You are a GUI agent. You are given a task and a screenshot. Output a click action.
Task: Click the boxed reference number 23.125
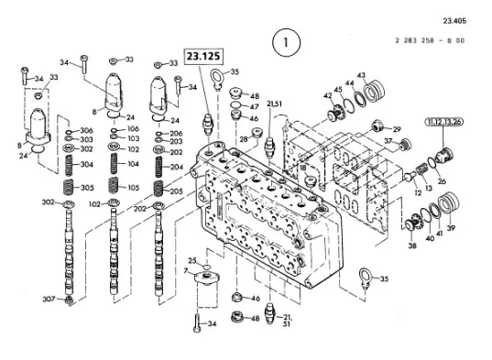coord(203,57)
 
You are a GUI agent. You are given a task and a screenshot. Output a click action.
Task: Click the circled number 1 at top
coord(286,43)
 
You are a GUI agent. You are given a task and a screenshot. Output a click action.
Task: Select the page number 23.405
coord(454,21)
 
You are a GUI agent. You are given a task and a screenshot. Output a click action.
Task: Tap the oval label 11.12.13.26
coord(443,122)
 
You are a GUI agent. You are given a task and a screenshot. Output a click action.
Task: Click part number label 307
coord(49,300)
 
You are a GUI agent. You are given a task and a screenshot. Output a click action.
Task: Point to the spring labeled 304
coord(69,166)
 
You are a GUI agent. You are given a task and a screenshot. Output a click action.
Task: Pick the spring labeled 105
coord(114,185)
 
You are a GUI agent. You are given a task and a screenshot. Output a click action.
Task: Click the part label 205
coord(177,191)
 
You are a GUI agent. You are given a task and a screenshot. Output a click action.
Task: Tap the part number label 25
coord(192,260)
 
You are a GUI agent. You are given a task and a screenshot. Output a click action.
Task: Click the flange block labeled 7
coord(206,278)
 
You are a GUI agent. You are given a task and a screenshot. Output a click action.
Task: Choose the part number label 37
coord(388,141)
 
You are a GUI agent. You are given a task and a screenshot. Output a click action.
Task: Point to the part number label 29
coord(397,129)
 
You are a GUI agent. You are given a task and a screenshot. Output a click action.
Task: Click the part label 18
coord(302,168)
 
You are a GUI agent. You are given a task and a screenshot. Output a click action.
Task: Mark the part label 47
coord(254,107)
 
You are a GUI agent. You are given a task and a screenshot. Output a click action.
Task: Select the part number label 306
coord(86,130)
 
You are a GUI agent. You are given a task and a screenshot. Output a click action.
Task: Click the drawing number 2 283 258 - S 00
coord(430,40)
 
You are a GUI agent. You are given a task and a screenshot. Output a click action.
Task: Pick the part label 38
coord(412,245)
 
